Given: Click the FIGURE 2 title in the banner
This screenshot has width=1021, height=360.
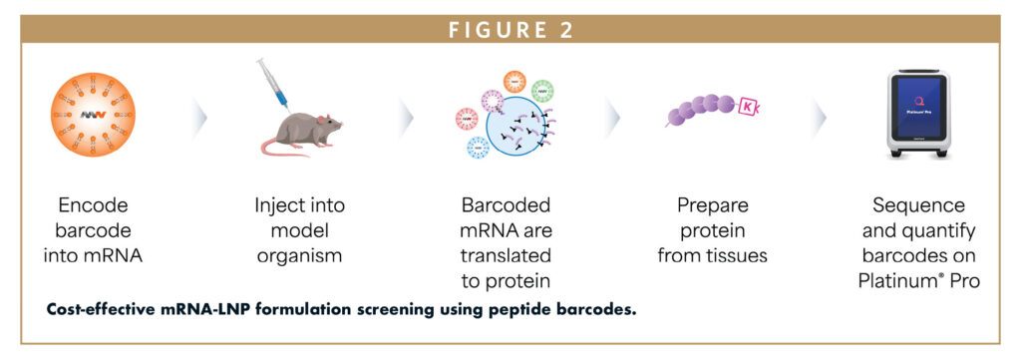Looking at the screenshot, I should [x=510, y=29].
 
